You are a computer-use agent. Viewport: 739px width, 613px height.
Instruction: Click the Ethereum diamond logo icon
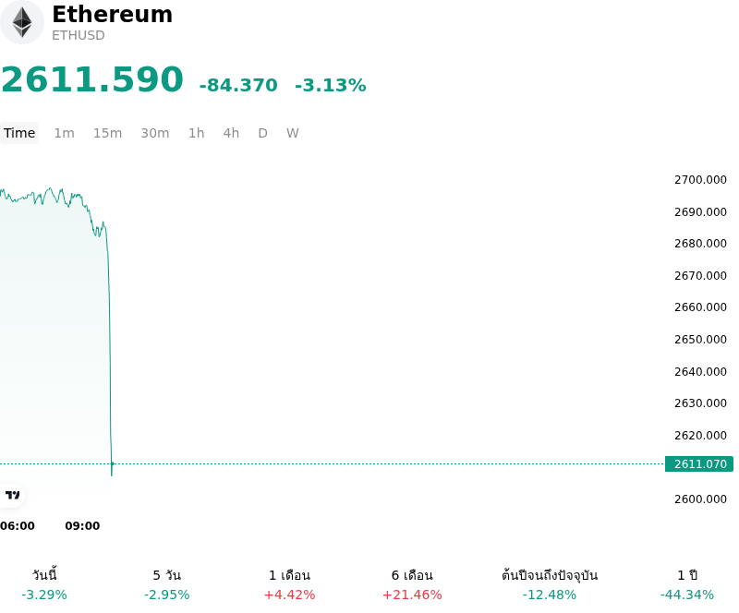[22, 22]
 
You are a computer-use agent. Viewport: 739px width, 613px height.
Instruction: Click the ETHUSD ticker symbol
[79, 36]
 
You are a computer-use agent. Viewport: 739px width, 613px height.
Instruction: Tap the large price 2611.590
[92, 79]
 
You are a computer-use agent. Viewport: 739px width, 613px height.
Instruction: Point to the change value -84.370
[238, 85]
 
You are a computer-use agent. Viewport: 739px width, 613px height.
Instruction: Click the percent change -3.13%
[331, 85]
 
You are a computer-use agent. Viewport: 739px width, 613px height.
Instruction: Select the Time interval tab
[19, 133]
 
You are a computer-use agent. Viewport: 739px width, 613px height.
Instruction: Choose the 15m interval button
[107, 133]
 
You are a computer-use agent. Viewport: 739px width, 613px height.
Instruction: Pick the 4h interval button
[231, 133]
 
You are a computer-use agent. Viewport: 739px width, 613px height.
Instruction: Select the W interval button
[293, 133]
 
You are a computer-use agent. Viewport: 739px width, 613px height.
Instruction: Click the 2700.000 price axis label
[700, 180]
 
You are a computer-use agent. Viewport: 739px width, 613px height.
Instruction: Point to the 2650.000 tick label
[700, 339]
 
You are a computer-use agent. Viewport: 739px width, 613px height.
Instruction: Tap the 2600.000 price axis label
[700, 499]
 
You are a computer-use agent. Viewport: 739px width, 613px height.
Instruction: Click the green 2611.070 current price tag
[699, 464]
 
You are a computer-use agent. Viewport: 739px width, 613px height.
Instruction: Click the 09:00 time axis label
[82, 526]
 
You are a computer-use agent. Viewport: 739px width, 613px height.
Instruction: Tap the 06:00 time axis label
[18, 526]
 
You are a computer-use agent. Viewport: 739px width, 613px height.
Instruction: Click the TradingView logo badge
[12, 495]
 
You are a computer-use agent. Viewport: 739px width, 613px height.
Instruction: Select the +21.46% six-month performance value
[412, 595]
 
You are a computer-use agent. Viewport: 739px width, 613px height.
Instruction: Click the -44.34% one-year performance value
[687, 595]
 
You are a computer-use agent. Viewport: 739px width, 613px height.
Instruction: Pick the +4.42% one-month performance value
[289, 595]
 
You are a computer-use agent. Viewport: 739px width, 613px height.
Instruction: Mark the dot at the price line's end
[112, 464]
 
